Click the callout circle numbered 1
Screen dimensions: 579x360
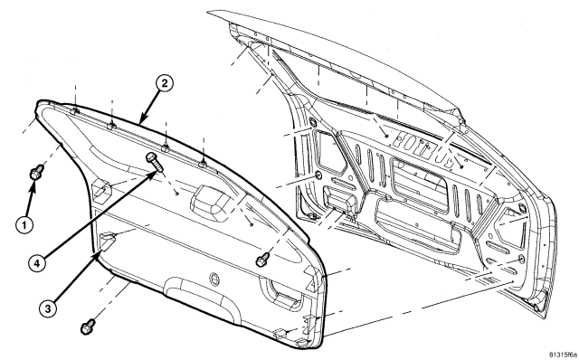click(24, 224)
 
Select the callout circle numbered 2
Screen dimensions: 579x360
click(164, 83)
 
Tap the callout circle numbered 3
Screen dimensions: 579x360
click(48, 308)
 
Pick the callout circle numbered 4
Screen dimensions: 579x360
click(37, 263)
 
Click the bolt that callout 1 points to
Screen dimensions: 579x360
click(37, 172)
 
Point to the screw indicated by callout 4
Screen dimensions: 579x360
click(155, 162)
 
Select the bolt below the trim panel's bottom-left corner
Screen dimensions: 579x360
click(88, 327)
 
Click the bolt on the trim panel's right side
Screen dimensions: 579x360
click(263, 259)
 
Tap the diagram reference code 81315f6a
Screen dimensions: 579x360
click(563, 354)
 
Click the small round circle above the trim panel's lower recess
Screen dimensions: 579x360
click(214, 279)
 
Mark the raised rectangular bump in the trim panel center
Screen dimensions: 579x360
click(210, 199)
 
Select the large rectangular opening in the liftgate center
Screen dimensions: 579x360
click(420, 185)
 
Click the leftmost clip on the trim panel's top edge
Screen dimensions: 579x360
click(75, 110)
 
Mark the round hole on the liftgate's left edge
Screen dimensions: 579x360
click(318, 175)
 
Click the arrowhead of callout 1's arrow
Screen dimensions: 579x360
click(33, 185)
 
